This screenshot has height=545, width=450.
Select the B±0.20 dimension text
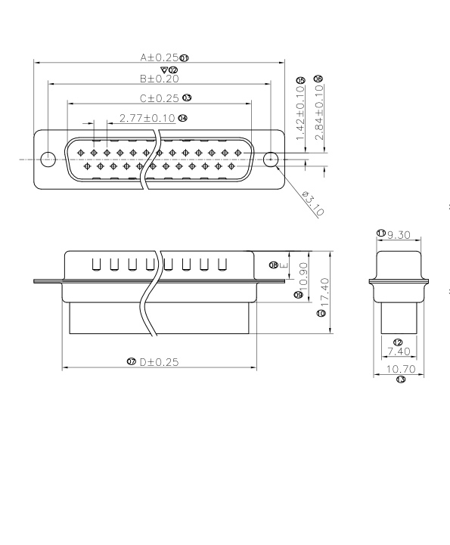pyautogui.click(x=159, y=78)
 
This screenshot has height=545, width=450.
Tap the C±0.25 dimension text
pyautogui.click(x=159, y=98)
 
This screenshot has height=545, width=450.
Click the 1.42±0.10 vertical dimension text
pyautogui.click(x=300, y=113)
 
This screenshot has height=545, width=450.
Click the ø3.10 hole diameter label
pyautogui.click(x=312, y=204)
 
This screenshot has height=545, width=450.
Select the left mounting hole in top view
pyautogui.click(x=48, y=159)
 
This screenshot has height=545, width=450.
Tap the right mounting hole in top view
pyautogui.click(x=271, y=159)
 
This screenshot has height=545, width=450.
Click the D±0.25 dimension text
pyautogui.click(x=159, y=363)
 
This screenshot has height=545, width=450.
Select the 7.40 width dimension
pyautogui.click(x=397, y=352)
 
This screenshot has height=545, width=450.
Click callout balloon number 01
pyautogui.click(x=185, y=57)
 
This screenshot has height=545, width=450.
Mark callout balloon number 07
pyautogui.click(x=132, y=363)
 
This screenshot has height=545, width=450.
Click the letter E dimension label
pyautogui.click(x=284, y=265)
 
